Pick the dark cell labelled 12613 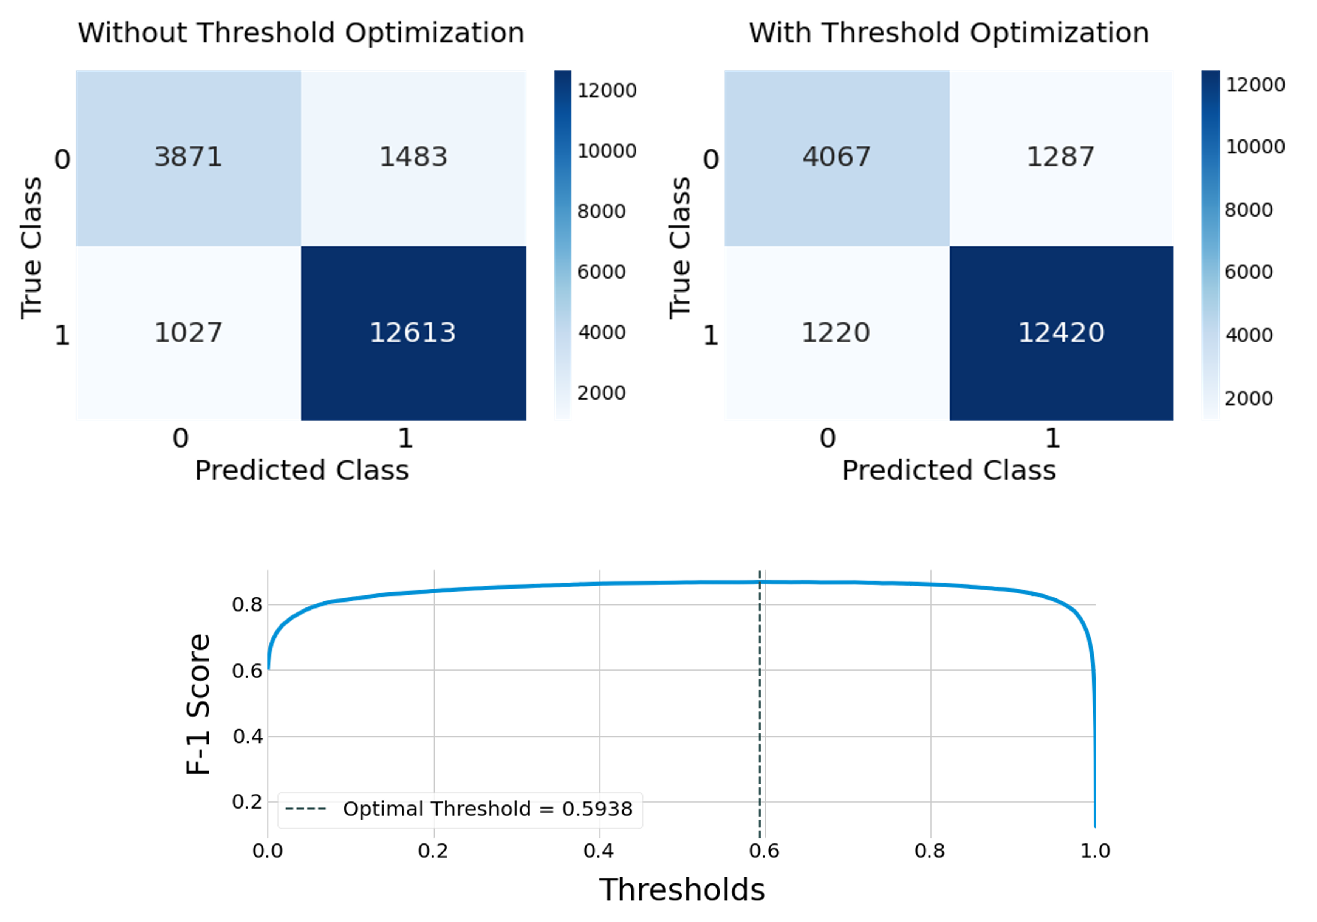(x=413, y=333)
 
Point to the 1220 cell (x=836, y=333)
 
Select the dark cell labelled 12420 (x=1061, y=333)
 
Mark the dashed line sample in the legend (x=306, y=809)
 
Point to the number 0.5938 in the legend (x=597, y=809)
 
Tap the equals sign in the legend (x=547, y=809)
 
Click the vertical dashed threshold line (x=761, y=717)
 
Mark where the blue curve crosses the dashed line (x=761, y=583)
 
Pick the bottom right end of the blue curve (x=1095, y=827)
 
